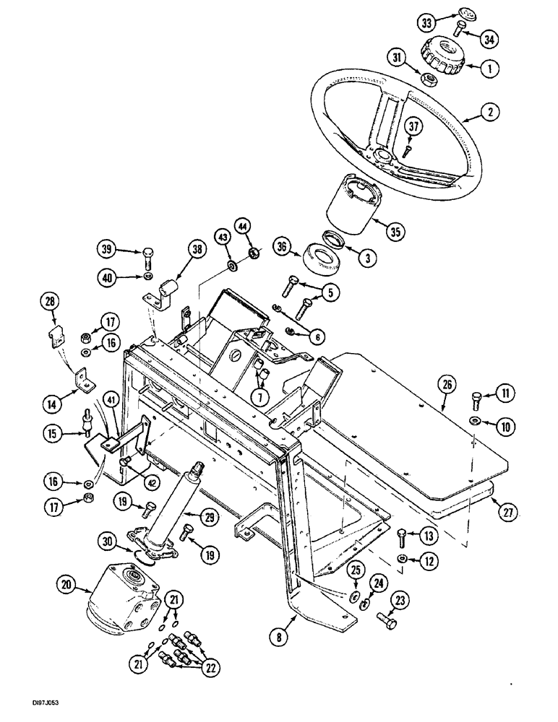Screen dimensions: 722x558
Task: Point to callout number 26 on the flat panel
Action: coord(447,386)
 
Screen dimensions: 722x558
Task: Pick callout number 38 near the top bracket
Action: coord(196,250)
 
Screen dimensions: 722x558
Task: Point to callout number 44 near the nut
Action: coord(244,229)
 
